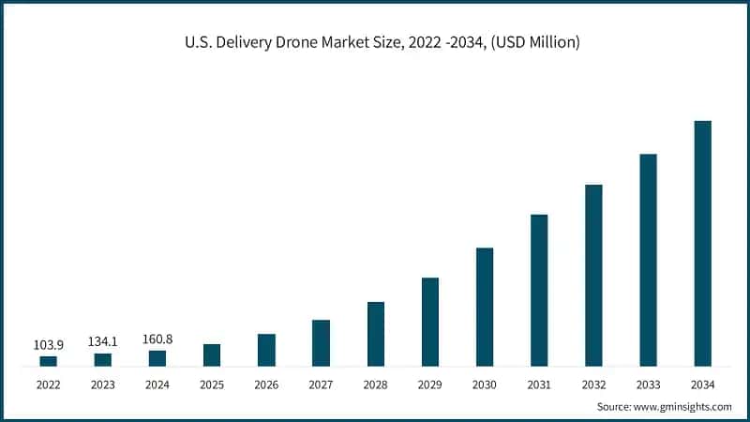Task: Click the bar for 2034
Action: (702, 243)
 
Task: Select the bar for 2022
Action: (48, 360)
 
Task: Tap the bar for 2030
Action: (484, 307)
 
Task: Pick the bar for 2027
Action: (321, 342)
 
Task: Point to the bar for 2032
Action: (593, 275)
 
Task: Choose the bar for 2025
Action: (212, 354)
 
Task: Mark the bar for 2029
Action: (429, 322)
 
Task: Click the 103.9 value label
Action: (48, 344)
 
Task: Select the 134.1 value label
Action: (103, 341)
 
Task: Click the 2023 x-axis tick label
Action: (103, 384)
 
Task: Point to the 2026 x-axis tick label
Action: (266, 384)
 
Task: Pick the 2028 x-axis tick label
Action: (375, 384)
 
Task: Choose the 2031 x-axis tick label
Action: (539, 384)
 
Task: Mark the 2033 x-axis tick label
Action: (648, 384)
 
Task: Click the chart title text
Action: (375, 41)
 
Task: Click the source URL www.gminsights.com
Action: (682, 406)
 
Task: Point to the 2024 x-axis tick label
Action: (157, 384)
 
